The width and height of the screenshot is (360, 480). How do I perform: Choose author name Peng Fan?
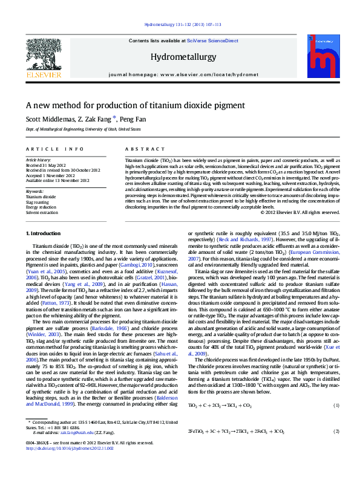[x=133, y=119]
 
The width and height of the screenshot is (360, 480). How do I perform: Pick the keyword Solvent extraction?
[x=42, y=213]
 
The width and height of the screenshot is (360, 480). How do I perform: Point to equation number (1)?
[x=336, y=404]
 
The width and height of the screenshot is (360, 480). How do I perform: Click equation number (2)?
[x=336, y=431]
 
